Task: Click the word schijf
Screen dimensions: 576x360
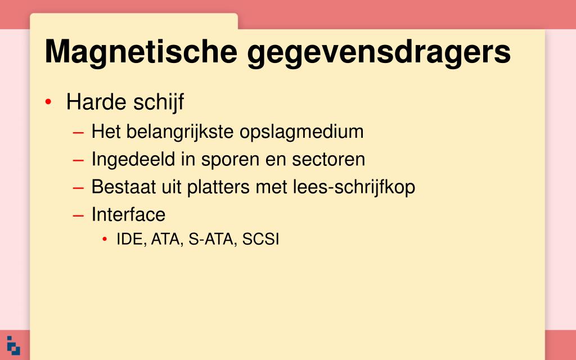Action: pos(159,103)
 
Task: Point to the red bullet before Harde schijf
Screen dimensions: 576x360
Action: pos(48,102)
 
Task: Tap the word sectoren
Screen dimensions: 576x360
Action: pos(328,160)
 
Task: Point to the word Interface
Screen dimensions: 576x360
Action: pos(128,214)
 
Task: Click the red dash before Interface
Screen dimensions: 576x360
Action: pos(78,215)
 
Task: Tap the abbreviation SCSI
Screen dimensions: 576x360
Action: pos(261,239)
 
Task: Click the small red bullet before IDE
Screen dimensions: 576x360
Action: pos(105,240)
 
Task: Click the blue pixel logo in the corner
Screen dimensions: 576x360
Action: pos(13,346)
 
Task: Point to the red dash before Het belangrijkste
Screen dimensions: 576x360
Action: pos(78,133)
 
